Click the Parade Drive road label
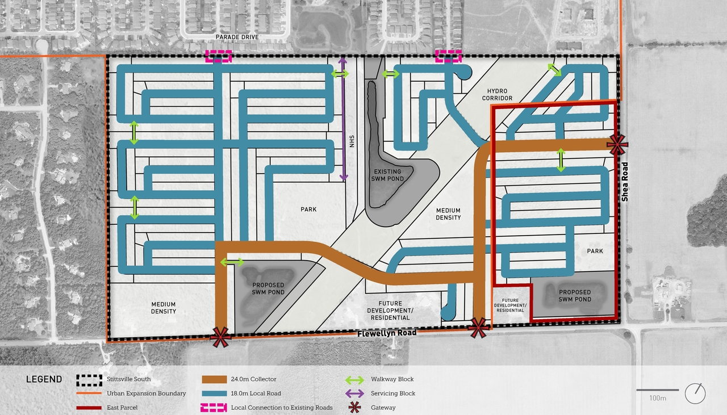[237, 37]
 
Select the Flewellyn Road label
[387, 333]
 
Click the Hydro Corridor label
[498, 95]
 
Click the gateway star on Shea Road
[617, 144]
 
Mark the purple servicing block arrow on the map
[342, 119]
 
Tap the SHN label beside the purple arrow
[352, 141]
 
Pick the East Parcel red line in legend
[88, 407]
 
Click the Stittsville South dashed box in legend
[88, 379]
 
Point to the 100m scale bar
[657, 390]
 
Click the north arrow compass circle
[695, 393]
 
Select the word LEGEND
[44, 379]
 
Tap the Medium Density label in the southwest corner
[163, 308]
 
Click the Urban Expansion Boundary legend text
[146, 393]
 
